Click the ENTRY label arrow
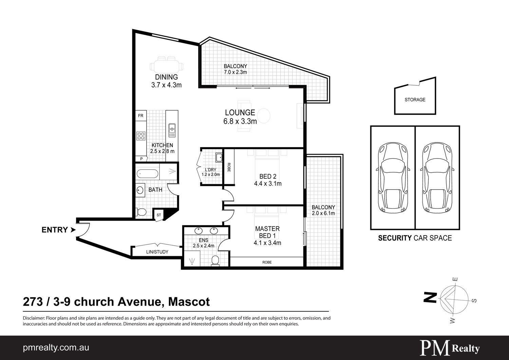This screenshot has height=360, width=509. [x=73, y=230]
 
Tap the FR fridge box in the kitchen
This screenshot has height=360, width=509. [x=140, y=116]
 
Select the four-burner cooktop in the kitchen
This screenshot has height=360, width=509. [x=140, y=136]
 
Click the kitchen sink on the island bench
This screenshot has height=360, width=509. [x=172, y=130]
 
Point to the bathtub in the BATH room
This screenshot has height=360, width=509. [x=148, y=174]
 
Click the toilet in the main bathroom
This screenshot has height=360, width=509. [x=141, y=212]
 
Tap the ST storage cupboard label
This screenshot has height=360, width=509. [x=159, y=215]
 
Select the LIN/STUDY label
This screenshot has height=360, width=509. [x=157, y=252]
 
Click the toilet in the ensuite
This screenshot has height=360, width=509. [x=215, y=260]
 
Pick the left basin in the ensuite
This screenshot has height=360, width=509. [x=199, y=231]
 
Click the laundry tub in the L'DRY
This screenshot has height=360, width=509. [x=219, y=157]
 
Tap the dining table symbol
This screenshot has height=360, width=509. [x=167, y=64]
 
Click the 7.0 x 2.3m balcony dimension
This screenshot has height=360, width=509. [x=235, y=72]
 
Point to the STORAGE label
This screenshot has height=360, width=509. [x=415, y=100]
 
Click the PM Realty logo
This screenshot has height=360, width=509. [x=450, y=348]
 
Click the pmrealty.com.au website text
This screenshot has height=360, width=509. [x=56, y=348]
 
